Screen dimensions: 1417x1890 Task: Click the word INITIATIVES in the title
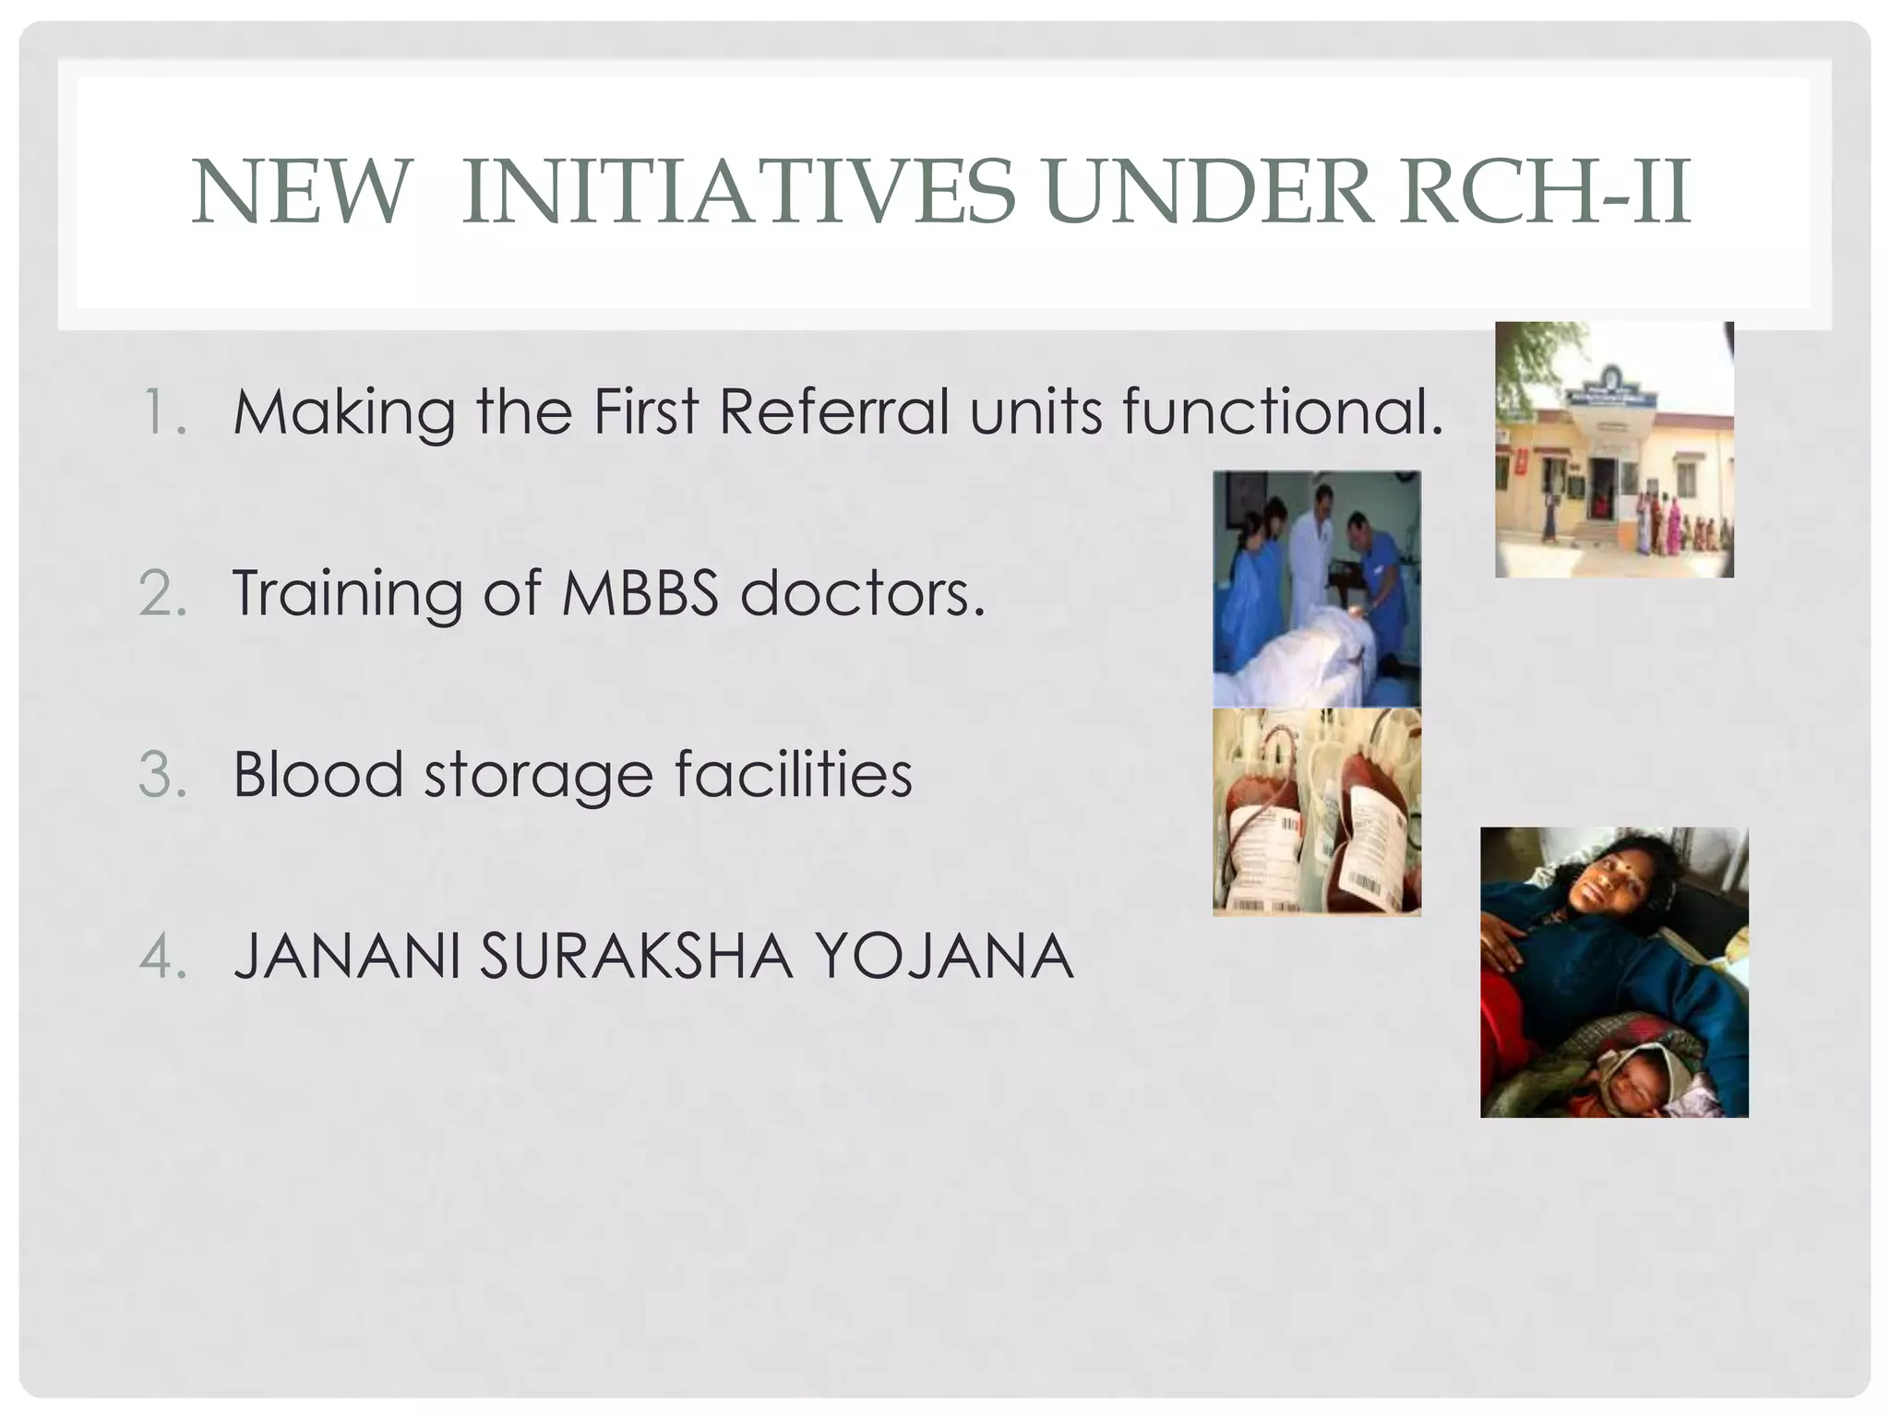[x=738, y=192]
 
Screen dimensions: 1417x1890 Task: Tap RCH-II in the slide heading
[x=1545, y=192]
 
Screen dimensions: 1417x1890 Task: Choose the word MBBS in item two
[x=640, y=592]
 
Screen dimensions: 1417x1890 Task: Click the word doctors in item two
[x=863, y=592]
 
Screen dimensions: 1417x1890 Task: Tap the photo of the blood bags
[x=1317, y=812]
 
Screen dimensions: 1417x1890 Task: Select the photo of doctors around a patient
[x=1317, y=589]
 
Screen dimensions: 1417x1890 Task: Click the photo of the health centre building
[x=1614, y=449]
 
